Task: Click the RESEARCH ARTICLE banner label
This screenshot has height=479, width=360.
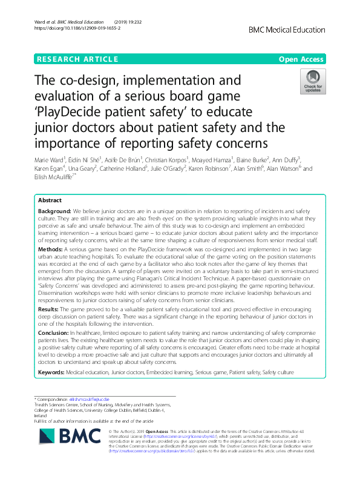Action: click(x=77, y=59)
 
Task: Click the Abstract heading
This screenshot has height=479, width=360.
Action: click(x=50, y=200)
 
